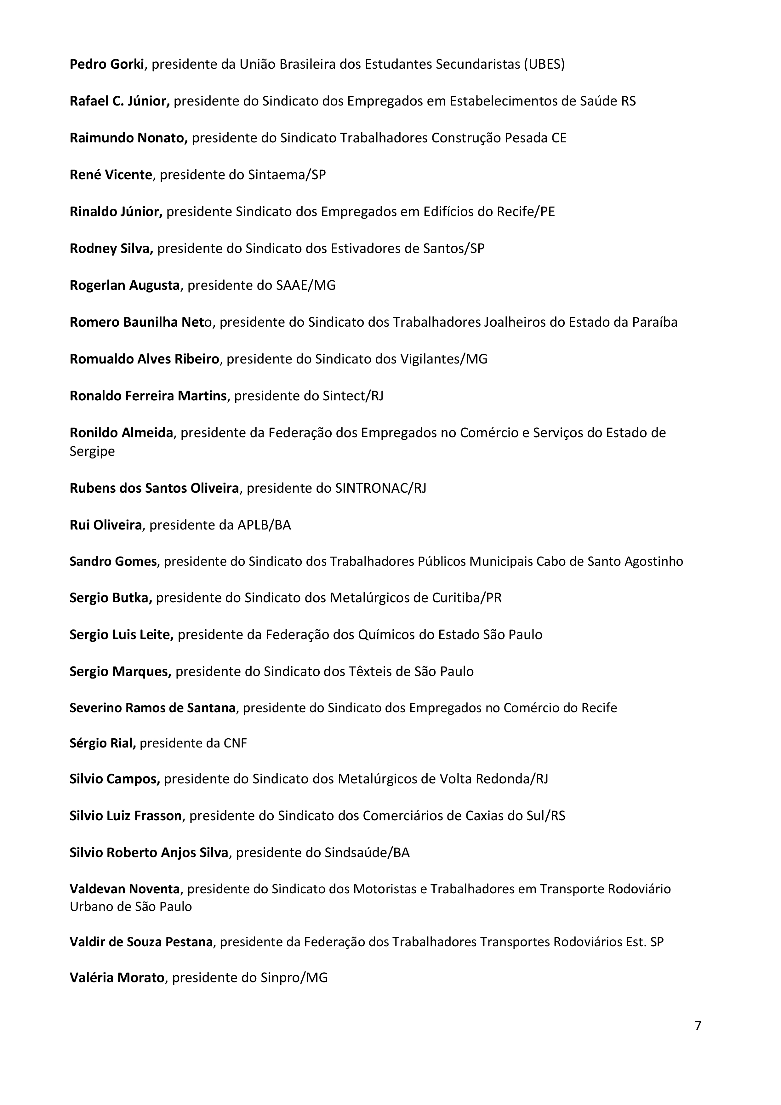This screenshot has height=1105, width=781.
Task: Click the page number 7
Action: coord(698,1039)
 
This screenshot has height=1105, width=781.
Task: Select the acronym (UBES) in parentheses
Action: coord(544,65)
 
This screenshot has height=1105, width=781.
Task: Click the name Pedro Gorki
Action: coord(107,65)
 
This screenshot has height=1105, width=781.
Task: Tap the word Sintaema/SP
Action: coord(287,175)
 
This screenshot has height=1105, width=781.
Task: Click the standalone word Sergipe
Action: coord(92,452)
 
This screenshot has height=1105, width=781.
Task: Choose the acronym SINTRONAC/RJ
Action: coord(380,489)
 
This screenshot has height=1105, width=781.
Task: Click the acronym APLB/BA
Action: coord(264,525)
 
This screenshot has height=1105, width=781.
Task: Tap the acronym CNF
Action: coord(235,744)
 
